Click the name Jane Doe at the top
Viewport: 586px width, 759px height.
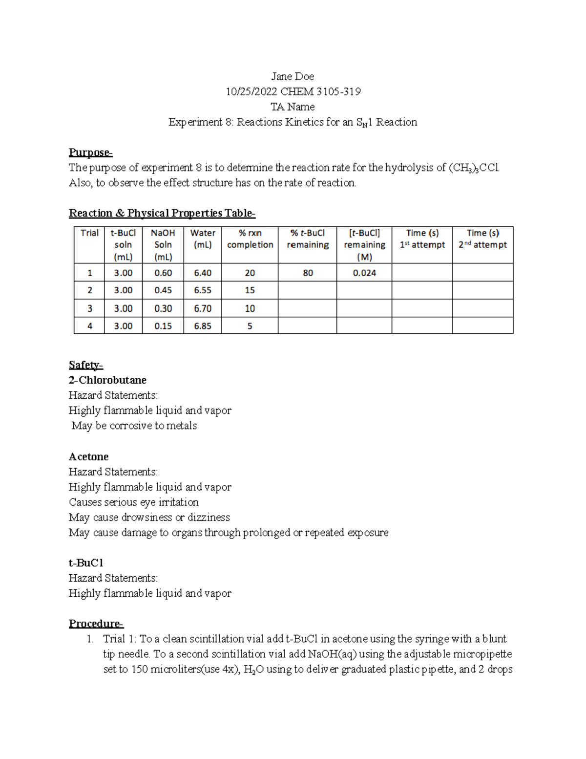[x=293, y=76]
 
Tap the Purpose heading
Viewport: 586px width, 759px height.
[x=90, y=152]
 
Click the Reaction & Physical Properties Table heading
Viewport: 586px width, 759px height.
[x=162, y=213]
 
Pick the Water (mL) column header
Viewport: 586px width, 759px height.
[x=202, y=239]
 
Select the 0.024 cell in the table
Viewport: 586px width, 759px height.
[x=364, y=273]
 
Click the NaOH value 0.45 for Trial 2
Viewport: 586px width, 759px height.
[x=163, y=290]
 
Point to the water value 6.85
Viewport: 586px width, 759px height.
[x=202, y=326]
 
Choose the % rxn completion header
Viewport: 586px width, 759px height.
[x=250, y=239]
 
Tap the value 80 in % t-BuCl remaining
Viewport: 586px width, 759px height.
[x=308, y=273]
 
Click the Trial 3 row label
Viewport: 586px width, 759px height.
[x=89, y=308]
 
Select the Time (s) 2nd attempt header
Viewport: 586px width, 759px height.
[x=482, y=239]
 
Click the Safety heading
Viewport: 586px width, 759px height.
[x=85, y=365]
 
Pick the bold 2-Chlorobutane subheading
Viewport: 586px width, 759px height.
[x=107, y=380]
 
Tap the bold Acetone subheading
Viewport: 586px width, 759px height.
[x=88, y=456]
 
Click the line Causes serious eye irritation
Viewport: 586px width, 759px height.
[x=133, y=502]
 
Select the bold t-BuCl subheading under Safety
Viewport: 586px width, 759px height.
[x=85, y=563]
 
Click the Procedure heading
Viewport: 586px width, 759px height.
[x=96, y=624]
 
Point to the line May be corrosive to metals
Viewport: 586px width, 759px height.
[x=134, y=426]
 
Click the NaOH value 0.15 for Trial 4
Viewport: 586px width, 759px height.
[x=163, y=326]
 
